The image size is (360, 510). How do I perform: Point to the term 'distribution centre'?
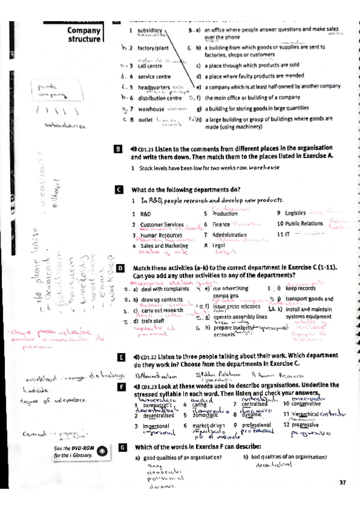[x=159, y=98]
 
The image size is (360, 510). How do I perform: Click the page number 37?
[x=343, y=482]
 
